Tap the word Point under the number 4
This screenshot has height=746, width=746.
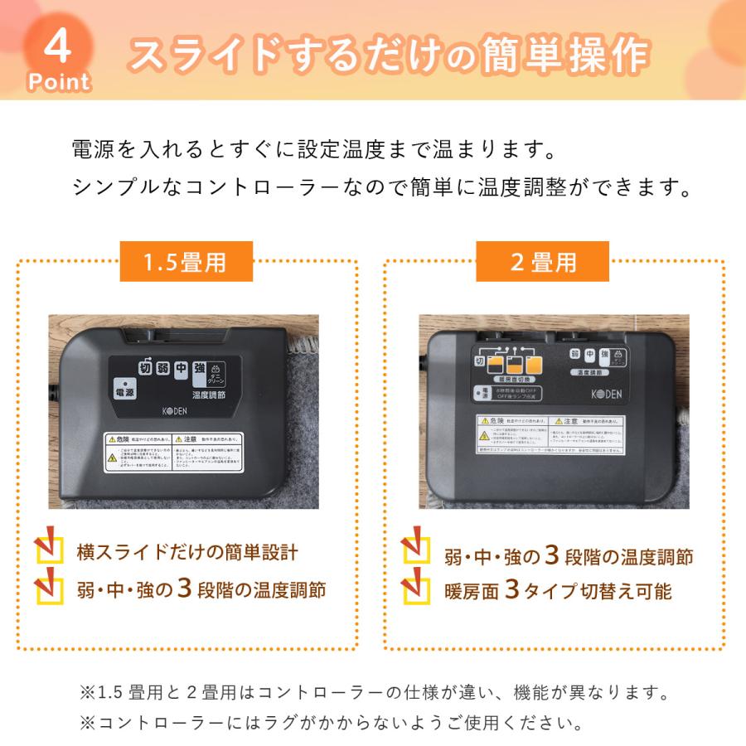point(58,81)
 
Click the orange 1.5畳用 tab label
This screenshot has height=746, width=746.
point(185,263)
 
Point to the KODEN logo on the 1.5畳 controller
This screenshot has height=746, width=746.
point(174,411)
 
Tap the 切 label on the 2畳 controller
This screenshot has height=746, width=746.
point(479,361)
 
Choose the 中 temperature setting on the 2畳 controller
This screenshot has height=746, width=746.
point(589,356)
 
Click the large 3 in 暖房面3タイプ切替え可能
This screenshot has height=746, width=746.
point(512,589)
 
